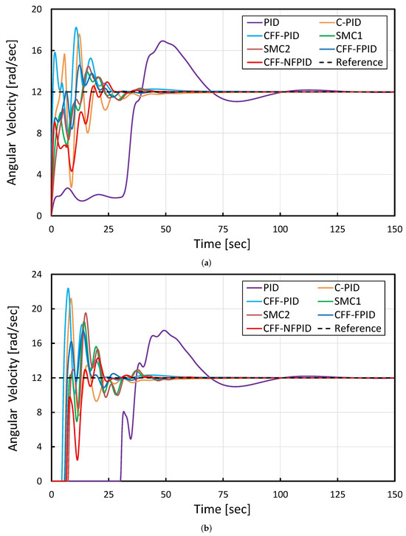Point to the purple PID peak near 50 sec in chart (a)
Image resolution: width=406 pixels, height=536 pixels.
[162, 41]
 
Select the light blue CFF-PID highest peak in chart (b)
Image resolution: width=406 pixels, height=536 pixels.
[68, 288]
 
